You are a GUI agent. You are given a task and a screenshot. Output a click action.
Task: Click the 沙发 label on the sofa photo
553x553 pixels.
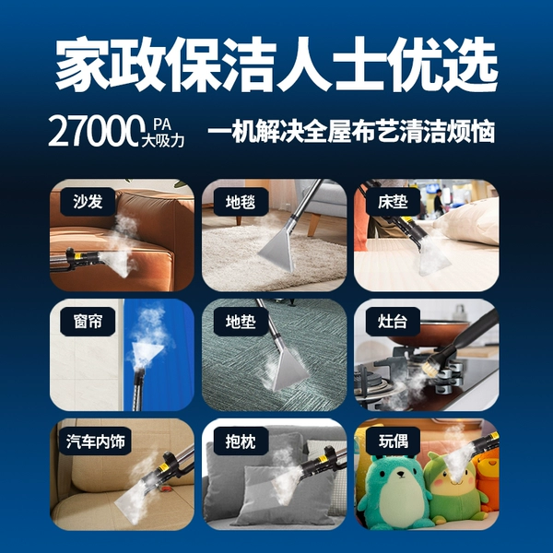click(88, 202)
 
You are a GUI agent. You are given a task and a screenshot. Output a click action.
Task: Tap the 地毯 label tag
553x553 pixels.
click(241, 202)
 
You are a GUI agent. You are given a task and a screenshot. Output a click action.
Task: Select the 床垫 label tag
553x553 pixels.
click(393, 202)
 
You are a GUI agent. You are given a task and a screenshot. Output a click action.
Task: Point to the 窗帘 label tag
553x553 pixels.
click(88, 322)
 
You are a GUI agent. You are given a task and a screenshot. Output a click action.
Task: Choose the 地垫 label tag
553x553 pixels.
click(241, 322)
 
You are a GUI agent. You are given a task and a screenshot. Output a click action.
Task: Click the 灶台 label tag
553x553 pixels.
click(393, 322)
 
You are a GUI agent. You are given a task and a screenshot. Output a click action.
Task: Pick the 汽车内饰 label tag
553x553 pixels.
click(96, 441)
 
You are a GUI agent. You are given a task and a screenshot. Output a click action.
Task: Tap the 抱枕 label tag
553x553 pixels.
click(241, 441)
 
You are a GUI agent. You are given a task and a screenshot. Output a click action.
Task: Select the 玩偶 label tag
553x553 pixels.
click(393, 441)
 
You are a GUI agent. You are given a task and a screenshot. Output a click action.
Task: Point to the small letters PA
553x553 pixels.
click(162, 124)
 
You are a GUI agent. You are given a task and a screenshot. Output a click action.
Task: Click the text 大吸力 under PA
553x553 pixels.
click(162, 141)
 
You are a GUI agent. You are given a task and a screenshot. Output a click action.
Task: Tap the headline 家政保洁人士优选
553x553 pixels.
click(276, 65)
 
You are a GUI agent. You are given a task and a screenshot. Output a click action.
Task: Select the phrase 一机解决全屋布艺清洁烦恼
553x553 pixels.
click(351, 132)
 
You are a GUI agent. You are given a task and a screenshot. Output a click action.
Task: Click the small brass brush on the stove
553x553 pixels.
click(433, 366)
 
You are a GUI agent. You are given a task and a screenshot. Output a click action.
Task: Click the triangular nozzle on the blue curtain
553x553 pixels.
click(147, 352)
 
